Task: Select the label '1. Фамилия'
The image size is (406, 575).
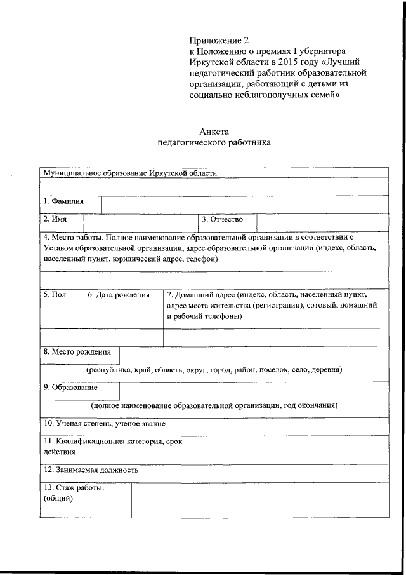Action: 63,201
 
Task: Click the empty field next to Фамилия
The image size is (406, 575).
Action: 244,204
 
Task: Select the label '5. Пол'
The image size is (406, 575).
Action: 55,294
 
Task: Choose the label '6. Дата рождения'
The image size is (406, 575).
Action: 119,294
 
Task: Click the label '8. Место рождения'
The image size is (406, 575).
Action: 77,351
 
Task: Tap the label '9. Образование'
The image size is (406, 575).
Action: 70,386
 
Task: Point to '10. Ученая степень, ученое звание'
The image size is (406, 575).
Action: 105,423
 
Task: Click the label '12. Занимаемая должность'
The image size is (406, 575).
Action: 91,470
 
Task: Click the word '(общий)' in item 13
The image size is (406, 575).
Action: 58,498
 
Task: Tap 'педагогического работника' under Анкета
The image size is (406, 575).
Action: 214,142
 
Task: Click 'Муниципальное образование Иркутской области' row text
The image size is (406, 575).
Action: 129,173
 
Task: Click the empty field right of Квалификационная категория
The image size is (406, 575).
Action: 297,447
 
